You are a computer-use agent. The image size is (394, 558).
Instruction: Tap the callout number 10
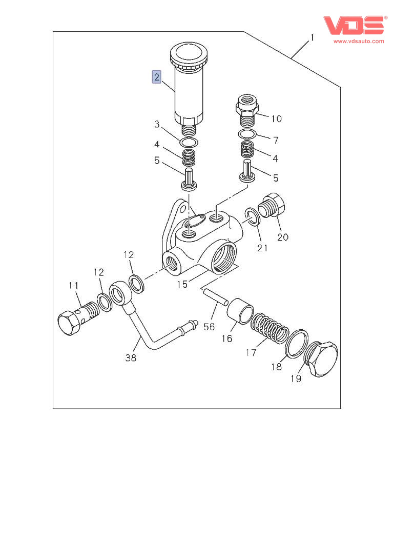pos(276,119)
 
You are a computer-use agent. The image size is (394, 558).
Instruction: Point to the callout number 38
pos(131,358)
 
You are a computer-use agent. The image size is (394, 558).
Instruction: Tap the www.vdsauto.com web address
pos(359,41)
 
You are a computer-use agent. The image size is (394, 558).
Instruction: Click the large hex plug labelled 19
pos(321,360)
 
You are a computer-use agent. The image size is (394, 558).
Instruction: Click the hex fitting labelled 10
pos(248,109)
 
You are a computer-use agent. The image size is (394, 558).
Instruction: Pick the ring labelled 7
pos(247,134)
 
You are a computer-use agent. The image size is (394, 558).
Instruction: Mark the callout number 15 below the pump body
pos(182,284)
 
